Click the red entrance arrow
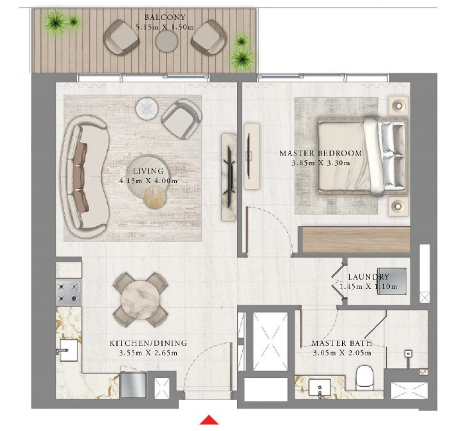point(209,420)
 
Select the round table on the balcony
point(165,41)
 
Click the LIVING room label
point(148,171)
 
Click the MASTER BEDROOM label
point(320,153)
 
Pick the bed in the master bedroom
point(361,156)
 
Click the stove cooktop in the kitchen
point(68,292)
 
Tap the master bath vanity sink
point(324,387)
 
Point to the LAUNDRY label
point(369,277)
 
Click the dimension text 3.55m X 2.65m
point(148,353)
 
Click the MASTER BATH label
point(342,344)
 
